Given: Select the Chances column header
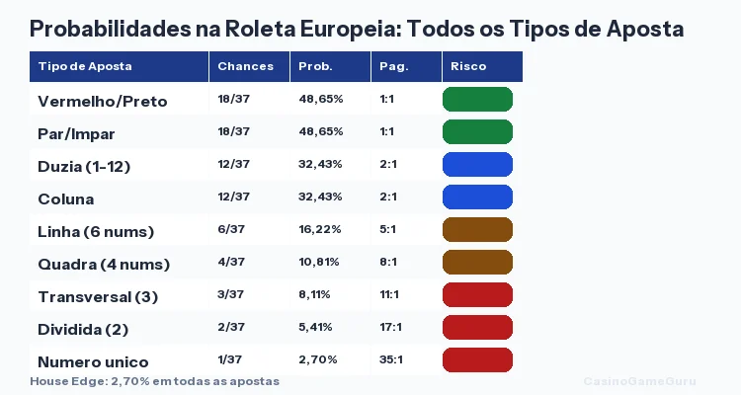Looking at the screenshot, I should [x=244, y=66].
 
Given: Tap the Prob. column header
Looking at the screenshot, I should [x=315, y=66].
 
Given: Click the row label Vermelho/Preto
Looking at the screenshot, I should [x=102, y=101].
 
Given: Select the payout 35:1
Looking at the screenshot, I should [x=390, y=359].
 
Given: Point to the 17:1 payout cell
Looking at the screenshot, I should [x=390, y=327].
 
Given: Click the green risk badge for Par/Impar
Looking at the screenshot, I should [x=477, y=132].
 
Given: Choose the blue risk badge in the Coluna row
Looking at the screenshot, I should [x=477, y=197].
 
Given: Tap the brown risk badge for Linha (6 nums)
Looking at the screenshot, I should [x=477, y=230].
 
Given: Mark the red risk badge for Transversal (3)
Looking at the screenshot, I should [x=477, y=294].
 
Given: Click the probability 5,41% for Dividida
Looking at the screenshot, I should [x=315, y=327].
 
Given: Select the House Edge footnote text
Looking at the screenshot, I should [x=154, y=380].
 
